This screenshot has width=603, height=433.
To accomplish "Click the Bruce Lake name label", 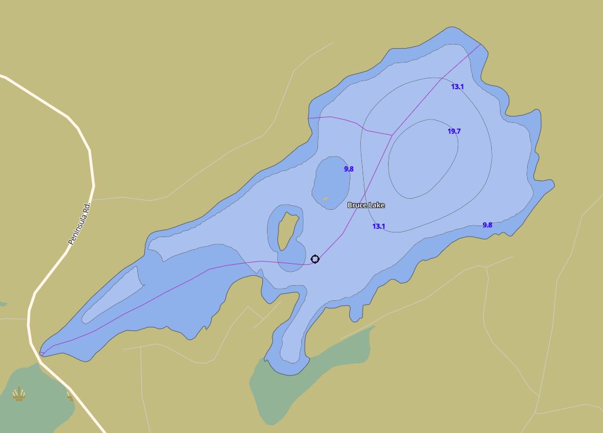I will click(x=366, y=205).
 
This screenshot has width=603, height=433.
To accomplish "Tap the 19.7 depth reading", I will click(x=454, y=132).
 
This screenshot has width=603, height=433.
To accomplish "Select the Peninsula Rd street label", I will click(x=80, y=224).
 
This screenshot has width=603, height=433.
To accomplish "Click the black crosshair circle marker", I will click(x=315, y=259).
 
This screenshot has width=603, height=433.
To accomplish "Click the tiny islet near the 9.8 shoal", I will click(x=325, y=199).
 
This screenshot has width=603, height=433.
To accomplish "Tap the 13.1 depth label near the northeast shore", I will click(x=458, y=87).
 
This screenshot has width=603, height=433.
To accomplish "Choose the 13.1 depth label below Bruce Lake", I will click(x=378, y=227).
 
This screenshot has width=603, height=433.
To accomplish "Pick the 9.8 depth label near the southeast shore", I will click(x=487, y=225).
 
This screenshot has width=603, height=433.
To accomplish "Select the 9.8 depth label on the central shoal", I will click(x=349, y=169).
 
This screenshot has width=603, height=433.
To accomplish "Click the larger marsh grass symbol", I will click(x=20, y=394).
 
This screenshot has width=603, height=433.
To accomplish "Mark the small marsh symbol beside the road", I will click(x=70, y=396).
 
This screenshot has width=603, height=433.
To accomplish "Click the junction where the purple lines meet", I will click(x=392, y=135).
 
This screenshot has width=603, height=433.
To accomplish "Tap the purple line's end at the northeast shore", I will click(x=481, y=44).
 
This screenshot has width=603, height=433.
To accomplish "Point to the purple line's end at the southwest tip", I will click(x=41, y=353).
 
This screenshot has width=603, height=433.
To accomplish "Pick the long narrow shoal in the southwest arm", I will click(x=113, y=295).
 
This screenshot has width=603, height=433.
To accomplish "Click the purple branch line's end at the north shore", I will click(x=309, y=118).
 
